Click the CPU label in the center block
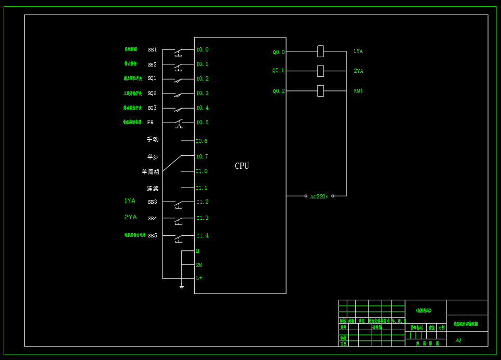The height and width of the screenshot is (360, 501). point(242,166)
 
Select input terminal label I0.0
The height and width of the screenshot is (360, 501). point(202,50)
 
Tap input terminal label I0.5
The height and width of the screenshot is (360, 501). point(202,123)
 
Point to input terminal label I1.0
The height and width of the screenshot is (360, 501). point(201,171)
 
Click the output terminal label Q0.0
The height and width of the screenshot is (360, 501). point(279,52)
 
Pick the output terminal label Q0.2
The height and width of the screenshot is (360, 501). point(279,91)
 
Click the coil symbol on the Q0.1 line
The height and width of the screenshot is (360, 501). point(320,71)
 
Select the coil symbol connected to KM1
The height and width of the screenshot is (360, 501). point(320,91)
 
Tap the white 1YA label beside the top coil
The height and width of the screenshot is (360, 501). point(358,51)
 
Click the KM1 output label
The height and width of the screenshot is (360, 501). point(358,91)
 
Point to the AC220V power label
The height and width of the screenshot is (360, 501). point(319,197)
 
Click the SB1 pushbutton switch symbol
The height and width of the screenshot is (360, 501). point(178,52)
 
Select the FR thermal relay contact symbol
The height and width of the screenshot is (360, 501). point(179,124)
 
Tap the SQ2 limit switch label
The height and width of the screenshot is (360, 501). point(152,94)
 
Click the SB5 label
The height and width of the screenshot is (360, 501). point(152,236)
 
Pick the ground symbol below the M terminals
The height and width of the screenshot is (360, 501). point(181,286)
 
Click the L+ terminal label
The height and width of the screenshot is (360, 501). point(199,278)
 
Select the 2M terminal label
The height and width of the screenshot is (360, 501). point(199,265)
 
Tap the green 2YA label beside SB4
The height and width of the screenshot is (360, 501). point(130,217)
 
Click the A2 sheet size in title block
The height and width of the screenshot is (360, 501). point(458,341)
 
